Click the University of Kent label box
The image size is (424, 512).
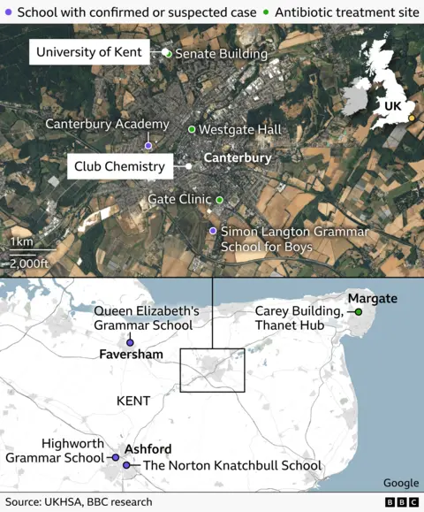point(88,53)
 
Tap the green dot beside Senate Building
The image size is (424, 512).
point(168,54)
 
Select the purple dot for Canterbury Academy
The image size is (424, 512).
point(148,146)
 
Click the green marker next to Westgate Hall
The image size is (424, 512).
point(192,130)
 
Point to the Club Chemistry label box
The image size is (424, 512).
point(119,166)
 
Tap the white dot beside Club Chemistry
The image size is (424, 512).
point(189,166)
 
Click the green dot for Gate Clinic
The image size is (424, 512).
point(220,200)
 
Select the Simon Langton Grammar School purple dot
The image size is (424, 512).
point(212,231)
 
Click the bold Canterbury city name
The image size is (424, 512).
point(238,158)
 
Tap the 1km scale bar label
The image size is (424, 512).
point(21,243)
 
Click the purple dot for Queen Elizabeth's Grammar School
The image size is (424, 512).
point(131,342)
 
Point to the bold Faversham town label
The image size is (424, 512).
point(132,355)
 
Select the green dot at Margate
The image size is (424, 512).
point(360,312)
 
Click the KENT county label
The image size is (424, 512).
point(133,401)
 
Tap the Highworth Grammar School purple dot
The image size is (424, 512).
point(115,457)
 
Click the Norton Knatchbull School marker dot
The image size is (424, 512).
point(126,465)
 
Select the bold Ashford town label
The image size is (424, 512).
point(148,449)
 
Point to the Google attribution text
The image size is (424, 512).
point(401,483)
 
